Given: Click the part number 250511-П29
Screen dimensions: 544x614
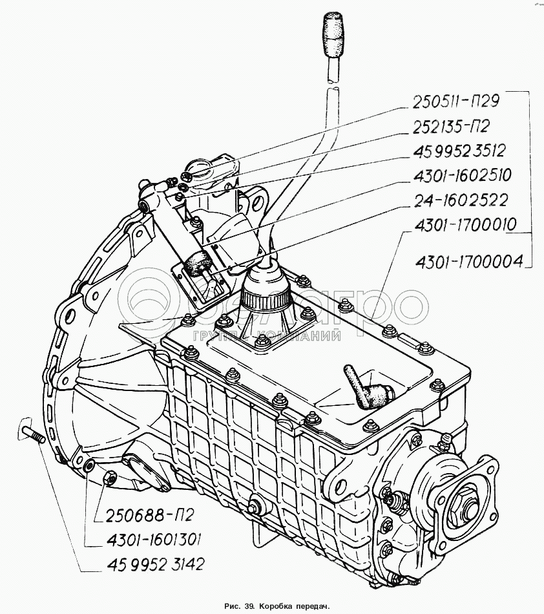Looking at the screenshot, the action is pos(456,102).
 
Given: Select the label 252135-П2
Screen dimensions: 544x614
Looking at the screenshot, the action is pos(451,127).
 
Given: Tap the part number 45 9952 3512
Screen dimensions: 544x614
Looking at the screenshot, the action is pos(459,151).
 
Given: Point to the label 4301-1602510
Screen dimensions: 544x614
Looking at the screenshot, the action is pos(462,175).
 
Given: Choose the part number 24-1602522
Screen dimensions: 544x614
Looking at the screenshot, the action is pos(460,200).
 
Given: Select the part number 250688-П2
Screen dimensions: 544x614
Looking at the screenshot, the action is pos(149,515).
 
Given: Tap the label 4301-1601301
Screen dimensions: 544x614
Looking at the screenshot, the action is pos(152,540).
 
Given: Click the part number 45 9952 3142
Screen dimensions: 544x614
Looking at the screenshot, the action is pos(154,564).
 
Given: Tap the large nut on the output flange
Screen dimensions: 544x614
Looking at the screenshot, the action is pos(463,505).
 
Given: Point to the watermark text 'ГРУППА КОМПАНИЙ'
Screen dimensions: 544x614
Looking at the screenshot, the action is pos(267,335).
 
